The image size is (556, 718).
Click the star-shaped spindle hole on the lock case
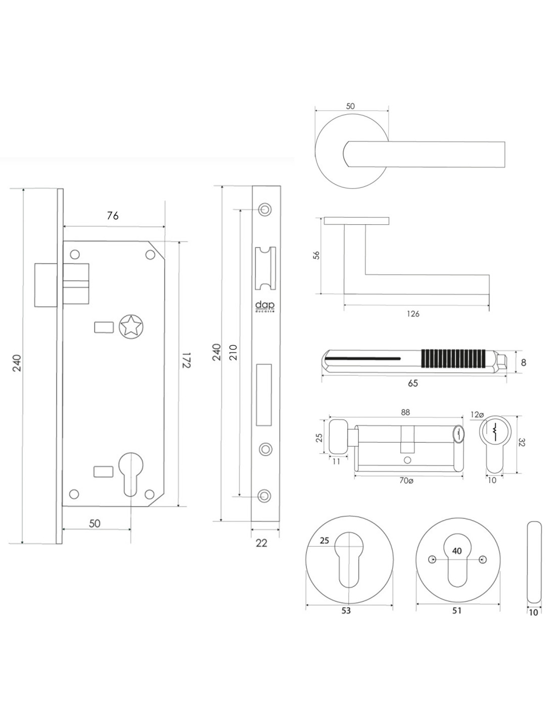coord(130,327)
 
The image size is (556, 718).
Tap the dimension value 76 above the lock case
coord(113,216)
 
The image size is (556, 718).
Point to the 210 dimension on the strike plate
coord(233,351)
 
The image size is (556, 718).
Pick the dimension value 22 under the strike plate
coord(261,543)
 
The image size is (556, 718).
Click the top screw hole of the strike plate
coord(263,209)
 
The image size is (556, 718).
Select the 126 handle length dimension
coord(413,314)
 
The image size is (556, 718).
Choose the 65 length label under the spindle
coord(413,383)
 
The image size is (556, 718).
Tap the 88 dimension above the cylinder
coord(405,413)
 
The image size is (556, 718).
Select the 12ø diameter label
coord(478,415)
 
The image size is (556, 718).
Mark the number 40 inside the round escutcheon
coord(457,551)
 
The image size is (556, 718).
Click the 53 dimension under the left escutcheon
coord(346,610)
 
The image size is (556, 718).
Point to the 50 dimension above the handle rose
coord(350,106)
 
